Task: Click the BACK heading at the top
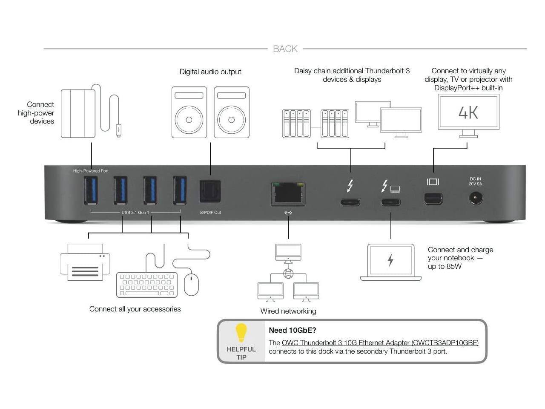click(x=285, y=49)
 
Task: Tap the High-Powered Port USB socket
click(x=91, y=190)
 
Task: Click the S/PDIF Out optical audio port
click(x=210, y=191)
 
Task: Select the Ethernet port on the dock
click(x=288, y=193)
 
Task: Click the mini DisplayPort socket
click(x=433, y=199)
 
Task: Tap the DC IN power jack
click(x=476, y=198)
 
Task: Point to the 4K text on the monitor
click(x=468, y=112)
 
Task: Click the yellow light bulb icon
click(x=241, y=333)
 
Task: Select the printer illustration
click(x=85, y=262)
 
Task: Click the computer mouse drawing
click(x=191, y=285)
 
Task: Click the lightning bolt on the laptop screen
click(x=390, y=260)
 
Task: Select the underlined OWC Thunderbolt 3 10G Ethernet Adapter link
click(x=380, y=343)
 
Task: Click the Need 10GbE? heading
click(x=293, y=330)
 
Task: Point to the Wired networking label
click(x=288, y=311)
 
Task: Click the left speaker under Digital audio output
click(x=189, y=112)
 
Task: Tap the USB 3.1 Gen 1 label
click(x=135, y=212)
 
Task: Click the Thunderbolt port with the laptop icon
click(x=390, y=202)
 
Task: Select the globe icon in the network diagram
click(x=288, y=273)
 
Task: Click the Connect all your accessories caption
click(x=135, y=309)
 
